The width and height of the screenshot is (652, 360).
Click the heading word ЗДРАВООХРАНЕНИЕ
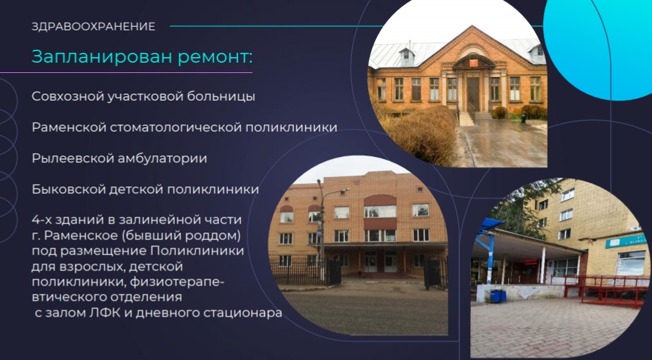coord(94,27)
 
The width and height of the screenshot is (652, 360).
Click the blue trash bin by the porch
coord(498,296)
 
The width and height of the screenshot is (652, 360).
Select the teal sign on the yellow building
coord(626,241)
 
